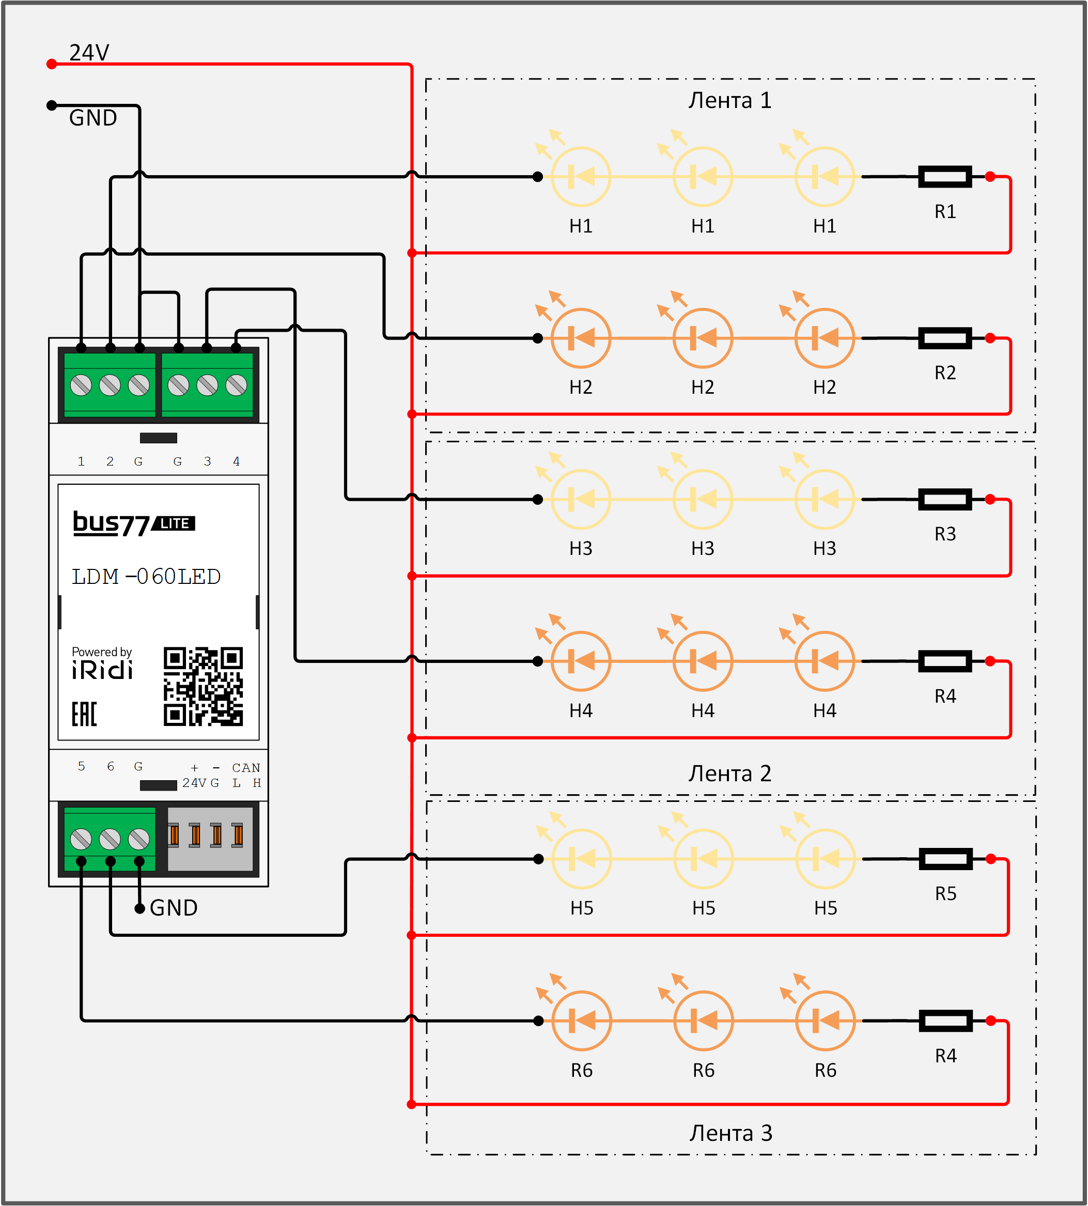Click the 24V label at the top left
pos(89,53)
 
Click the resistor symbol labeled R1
pos(944,177)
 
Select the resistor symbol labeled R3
pos(944,499)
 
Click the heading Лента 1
pos(729,100)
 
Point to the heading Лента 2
pos(729,774)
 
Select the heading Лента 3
pos(730,1133)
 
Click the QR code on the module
pos(203,686)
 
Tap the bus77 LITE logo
pos(134,524)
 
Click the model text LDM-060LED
pos(147,577)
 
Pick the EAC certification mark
pos(84,714)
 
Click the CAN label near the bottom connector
pos(246,768)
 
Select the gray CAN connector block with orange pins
pos(210,839)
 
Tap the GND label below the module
pos(174,908)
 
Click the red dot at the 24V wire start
pos(52,64)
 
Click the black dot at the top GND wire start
pos(52,106)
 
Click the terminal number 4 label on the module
pos(236,461)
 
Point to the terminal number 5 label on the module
pos(81,766)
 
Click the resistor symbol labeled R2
pos(944,338)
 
